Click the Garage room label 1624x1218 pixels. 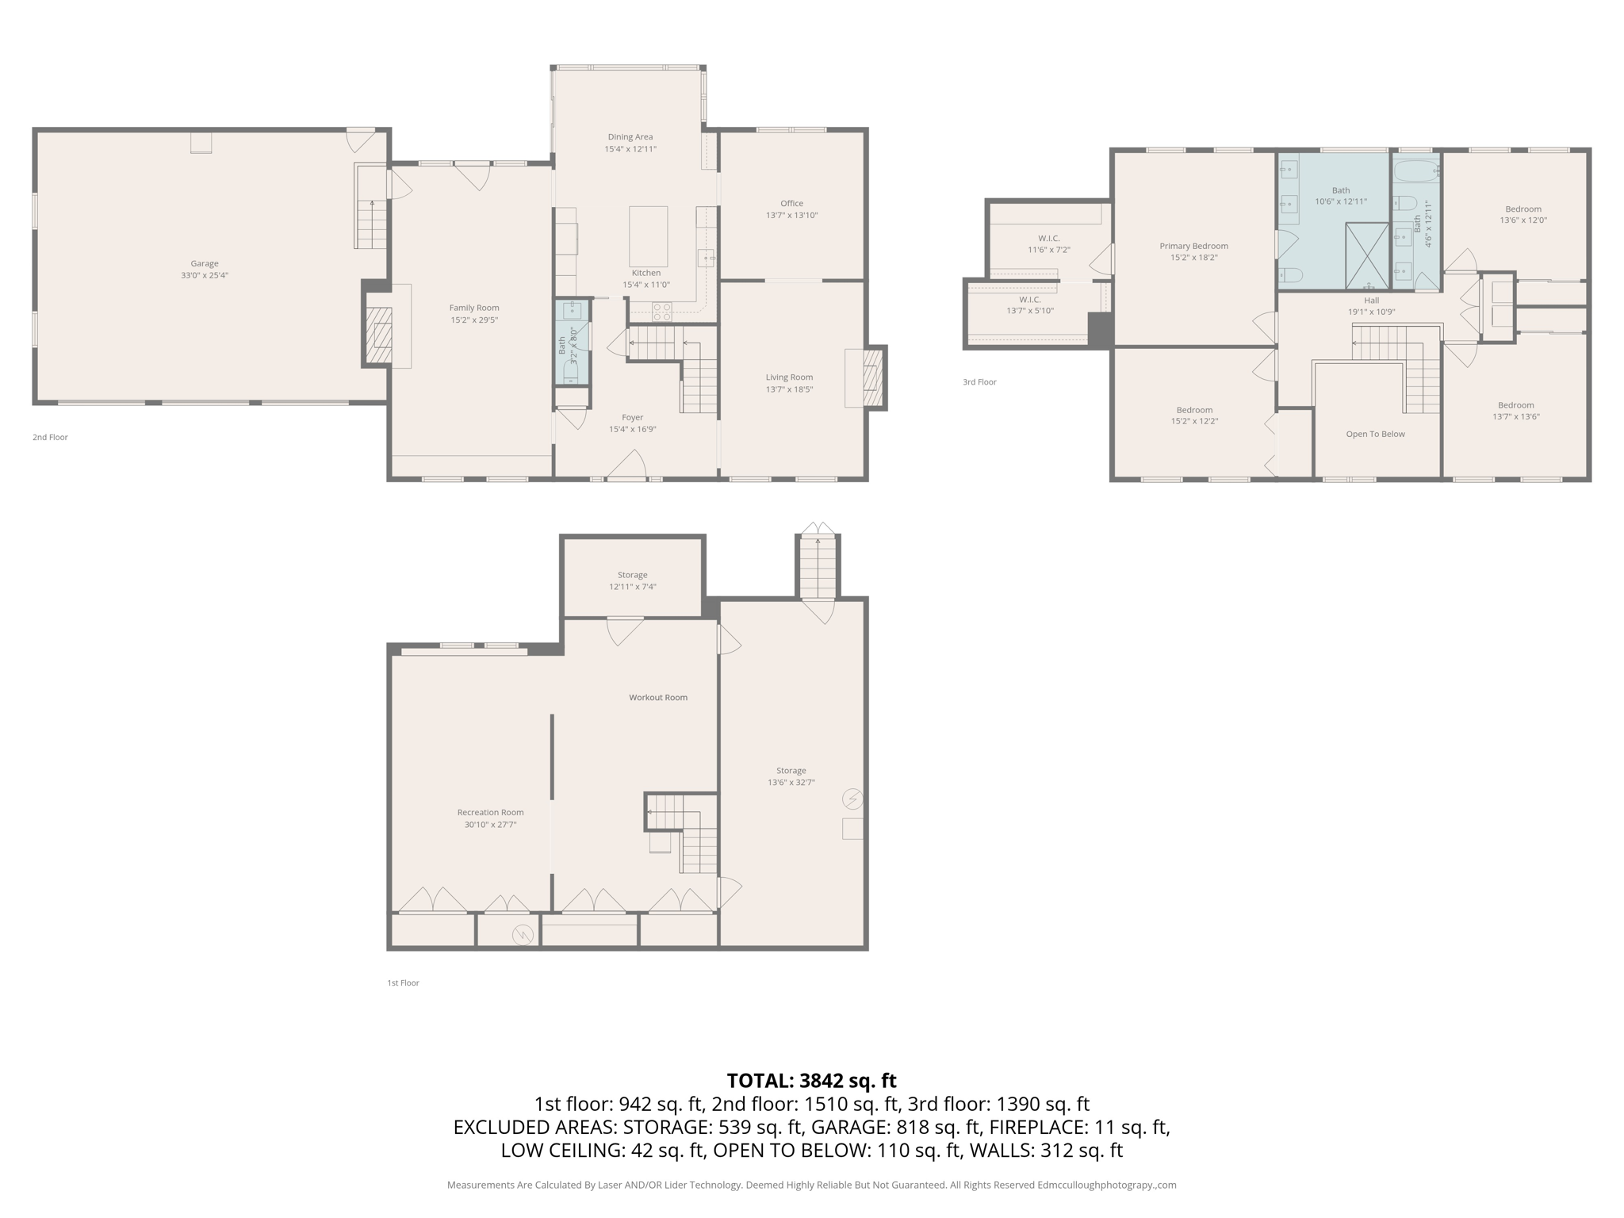[204, 263]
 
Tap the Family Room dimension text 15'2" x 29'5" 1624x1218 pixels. [474, 320]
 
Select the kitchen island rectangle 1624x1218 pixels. [648, 236]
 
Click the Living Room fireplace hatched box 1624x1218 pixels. [871, 378]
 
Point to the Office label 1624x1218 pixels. [791, 203]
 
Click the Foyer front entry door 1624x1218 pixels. [626, 468]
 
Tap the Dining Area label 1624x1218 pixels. [630, 136]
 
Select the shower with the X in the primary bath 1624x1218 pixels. [1367, 255]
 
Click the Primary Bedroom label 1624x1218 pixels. [1193, 246]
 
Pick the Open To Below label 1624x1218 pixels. [1375, 434]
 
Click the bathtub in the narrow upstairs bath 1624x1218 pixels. [1415, 170]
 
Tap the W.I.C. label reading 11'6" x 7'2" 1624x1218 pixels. [1048, 250]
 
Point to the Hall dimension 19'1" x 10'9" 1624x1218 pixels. [1371, 312]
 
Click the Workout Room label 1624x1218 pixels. [658, 697]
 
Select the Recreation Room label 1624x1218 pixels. [490, 812]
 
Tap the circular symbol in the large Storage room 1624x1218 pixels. [852, 798]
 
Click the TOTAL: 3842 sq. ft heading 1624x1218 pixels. [811, 1080]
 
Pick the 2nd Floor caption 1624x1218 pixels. [50, 437]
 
